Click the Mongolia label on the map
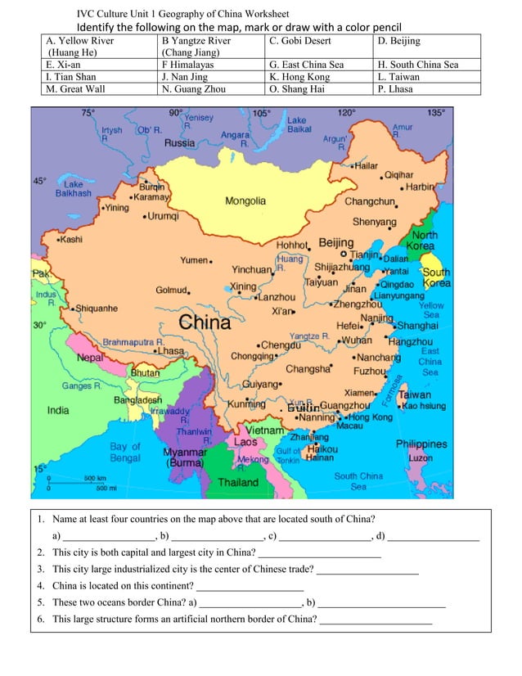[245, 201]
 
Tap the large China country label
[205, 322]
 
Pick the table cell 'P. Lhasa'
[426, 89]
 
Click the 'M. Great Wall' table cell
[99, 89]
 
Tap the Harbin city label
[420, 187]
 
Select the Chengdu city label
[281, 345]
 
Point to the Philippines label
[421, 444]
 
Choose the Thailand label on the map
[237, 483]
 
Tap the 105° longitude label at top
[262, 114]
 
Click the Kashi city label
[70, 240]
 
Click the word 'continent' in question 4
[172, 586]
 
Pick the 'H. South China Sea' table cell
[426, 65]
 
